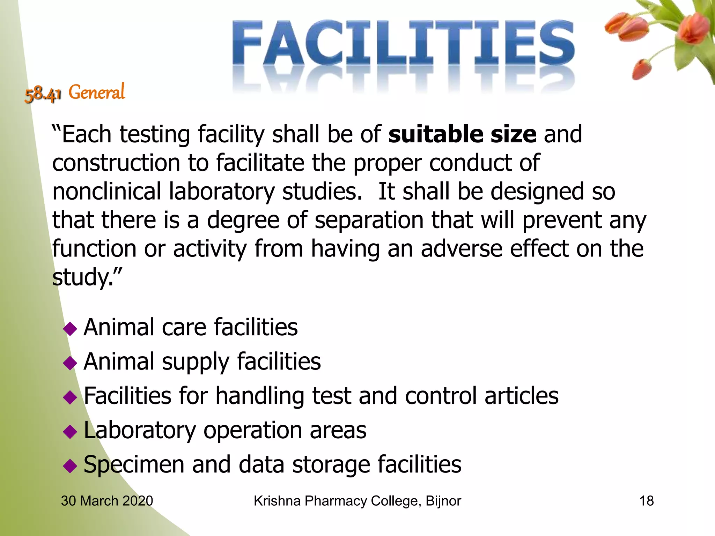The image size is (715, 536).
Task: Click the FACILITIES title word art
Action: (x=403, y=44)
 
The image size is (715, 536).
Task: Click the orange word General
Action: (x=97, y=92)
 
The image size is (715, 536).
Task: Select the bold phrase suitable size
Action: (x=462, y=134)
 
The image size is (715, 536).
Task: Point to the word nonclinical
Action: (x=106, y=192)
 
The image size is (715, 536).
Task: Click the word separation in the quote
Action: (x=369, y=220)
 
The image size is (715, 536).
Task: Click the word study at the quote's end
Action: (x=82, y=278)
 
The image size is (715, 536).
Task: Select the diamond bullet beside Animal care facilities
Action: (x=70, y=329)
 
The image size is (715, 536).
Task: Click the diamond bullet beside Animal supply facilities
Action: (x=70, y=363)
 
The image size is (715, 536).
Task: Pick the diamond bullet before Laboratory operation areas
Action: (x=70, y=432)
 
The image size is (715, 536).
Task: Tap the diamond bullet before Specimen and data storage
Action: (x=70, y=466)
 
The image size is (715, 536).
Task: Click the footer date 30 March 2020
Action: (x=107, y=501)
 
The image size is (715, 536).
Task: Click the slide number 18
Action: (x=646, y=501)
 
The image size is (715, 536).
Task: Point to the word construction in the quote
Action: (x=116, y=163)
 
